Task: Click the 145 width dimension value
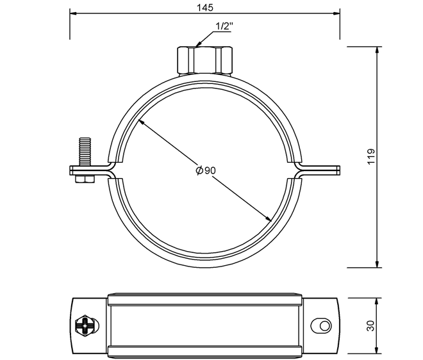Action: (204, 7)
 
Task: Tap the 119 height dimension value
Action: (372, 156)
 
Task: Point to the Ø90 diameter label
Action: (206, 170)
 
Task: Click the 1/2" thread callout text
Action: (224, 26)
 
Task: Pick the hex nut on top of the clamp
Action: (204, 60)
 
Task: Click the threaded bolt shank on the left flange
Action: (85, 152)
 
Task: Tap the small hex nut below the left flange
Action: (85, 179)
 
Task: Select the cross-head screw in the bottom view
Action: (86, 326)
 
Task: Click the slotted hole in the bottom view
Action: (321, 326)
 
